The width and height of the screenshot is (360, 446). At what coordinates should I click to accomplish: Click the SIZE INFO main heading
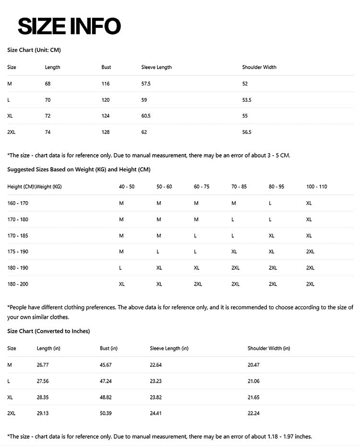coord(69,26)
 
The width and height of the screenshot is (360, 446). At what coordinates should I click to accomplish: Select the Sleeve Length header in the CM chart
coord(156,67)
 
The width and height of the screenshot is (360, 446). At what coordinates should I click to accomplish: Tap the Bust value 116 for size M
coord(106,84)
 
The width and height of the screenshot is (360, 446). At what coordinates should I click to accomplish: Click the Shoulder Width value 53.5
coord(247,100)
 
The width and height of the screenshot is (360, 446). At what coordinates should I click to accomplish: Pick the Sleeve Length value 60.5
coord(146,116)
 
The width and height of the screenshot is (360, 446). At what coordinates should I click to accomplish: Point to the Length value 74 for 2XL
coord(48,132)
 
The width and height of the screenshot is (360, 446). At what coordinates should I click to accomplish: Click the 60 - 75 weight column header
coord(202,186)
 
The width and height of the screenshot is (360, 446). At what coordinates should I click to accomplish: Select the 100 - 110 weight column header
coord(316,186)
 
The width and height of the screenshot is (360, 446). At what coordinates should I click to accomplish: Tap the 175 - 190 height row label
coord(18,252)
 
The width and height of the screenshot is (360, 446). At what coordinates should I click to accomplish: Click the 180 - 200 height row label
coord(18,284)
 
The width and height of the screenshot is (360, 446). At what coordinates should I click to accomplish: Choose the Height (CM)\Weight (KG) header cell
coord(35,186)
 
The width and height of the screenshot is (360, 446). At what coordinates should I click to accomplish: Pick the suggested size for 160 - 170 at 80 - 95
coord(270,203)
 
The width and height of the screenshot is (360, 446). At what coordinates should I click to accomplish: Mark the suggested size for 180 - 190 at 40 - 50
coord(120,268)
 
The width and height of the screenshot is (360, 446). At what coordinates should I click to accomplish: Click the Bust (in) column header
coord(108,348)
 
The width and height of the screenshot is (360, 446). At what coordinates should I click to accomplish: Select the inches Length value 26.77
coord(43,365)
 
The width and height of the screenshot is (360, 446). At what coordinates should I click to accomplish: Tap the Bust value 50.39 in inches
coord(106,413)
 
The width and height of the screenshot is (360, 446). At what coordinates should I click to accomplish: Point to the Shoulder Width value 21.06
coord(253,381)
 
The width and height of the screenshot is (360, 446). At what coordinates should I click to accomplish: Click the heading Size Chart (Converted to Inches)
coord(48,331)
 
